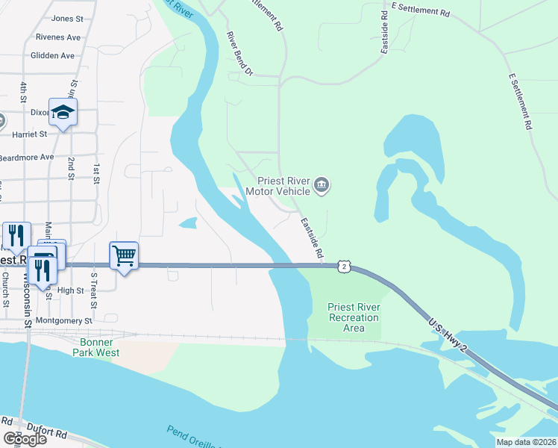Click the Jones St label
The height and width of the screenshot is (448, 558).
[x=67, y=18]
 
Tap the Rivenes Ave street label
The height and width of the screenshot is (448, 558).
[x=57, y=37]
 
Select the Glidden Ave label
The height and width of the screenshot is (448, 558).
[x=52, y=55]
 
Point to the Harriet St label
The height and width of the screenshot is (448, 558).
[x=30, y=134]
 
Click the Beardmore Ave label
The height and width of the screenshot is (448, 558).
[x=27, y=157]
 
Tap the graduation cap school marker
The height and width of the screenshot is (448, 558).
[x=63, y=112]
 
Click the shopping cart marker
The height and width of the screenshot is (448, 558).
[x=124, y=256]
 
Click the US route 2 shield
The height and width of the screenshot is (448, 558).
[x=342, y=266]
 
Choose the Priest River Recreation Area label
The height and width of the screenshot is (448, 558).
[x=354, y=317]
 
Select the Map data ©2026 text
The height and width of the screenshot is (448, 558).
[x=525, y=442]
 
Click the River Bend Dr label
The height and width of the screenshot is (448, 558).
[x=240, y=55]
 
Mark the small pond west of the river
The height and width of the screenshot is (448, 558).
[x=188, y=222]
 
